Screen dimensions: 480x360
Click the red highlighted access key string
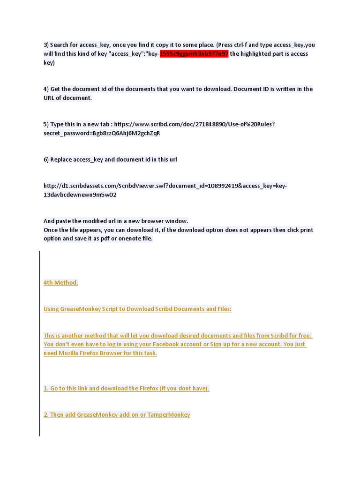click(x=194, y=54)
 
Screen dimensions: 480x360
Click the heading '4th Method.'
click(x=60, y=283)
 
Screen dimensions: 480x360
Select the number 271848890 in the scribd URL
click(x=210, y=124)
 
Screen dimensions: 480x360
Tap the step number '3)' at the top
click(x=46, y=45)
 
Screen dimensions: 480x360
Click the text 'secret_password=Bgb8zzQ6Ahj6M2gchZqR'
click(x=102, y=133)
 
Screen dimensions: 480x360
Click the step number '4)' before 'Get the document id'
click(x=46, y=89)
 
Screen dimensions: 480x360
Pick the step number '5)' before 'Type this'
click(x=46, y=124)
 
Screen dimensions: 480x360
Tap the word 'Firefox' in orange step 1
click(x=151, y=389)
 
